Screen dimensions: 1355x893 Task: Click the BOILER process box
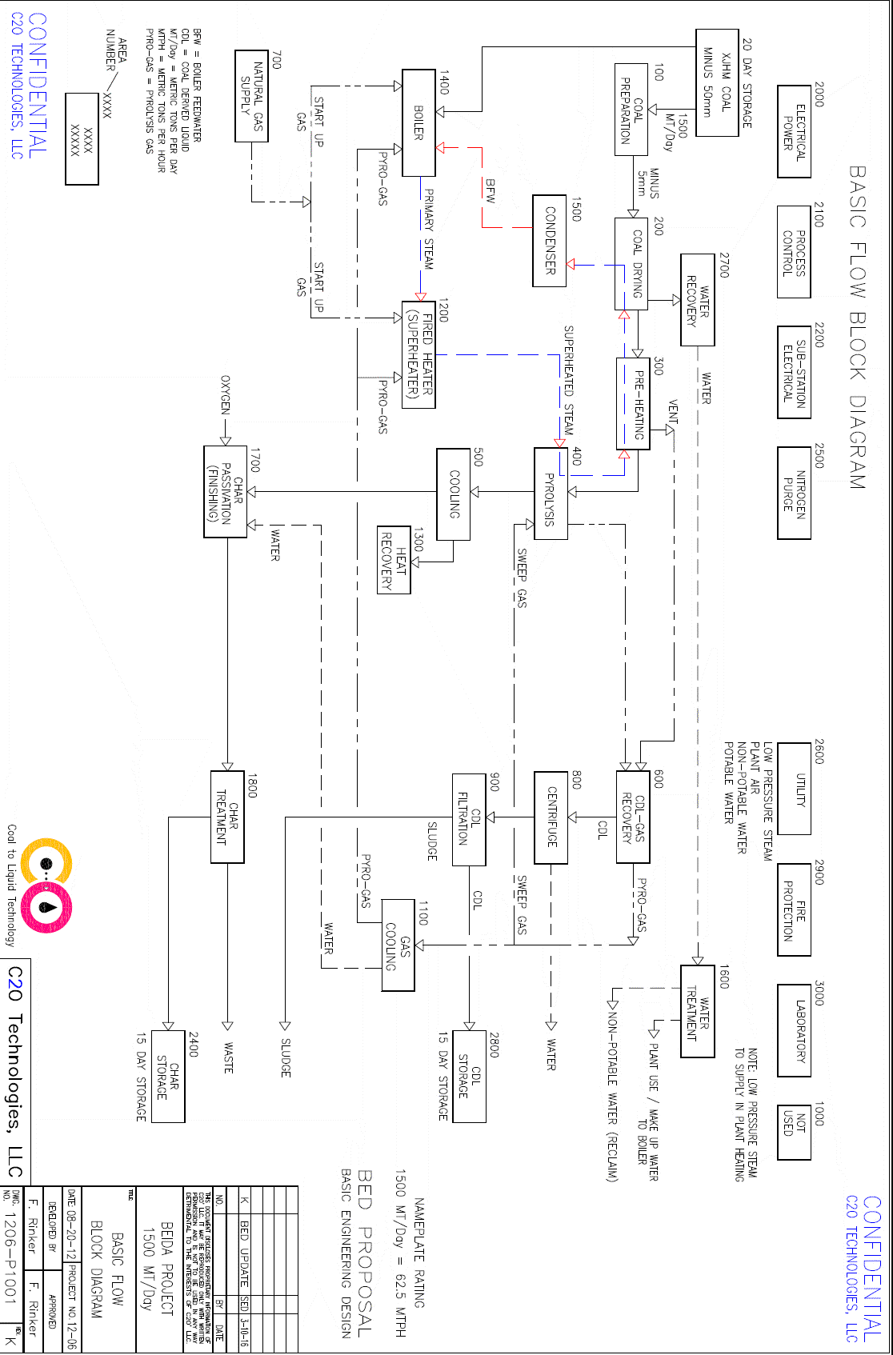(418, 122)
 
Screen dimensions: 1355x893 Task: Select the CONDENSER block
(550, 241)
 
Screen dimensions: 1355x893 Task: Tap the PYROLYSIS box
(550, 494)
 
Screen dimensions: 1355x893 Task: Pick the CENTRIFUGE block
(551, 817)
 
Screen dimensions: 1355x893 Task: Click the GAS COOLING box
(398, 945)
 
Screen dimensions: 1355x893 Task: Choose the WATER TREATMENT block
(697, 1012)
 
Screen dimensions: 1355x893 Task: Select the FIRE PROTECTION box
(794, 909)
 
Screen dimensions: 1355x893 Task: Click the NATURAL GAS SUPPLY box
(251, 96)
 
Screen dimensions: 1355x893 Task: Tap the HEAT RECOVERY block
(394, 560)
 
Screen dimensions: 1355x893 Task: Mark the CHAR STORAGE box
(168, 1077)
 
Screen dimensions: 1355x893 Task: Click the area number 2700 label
(724, 266)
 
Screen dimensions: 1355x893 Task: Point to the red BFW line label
(491, 190)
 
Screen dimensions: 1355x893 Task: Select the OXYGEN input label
(226, 395)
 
